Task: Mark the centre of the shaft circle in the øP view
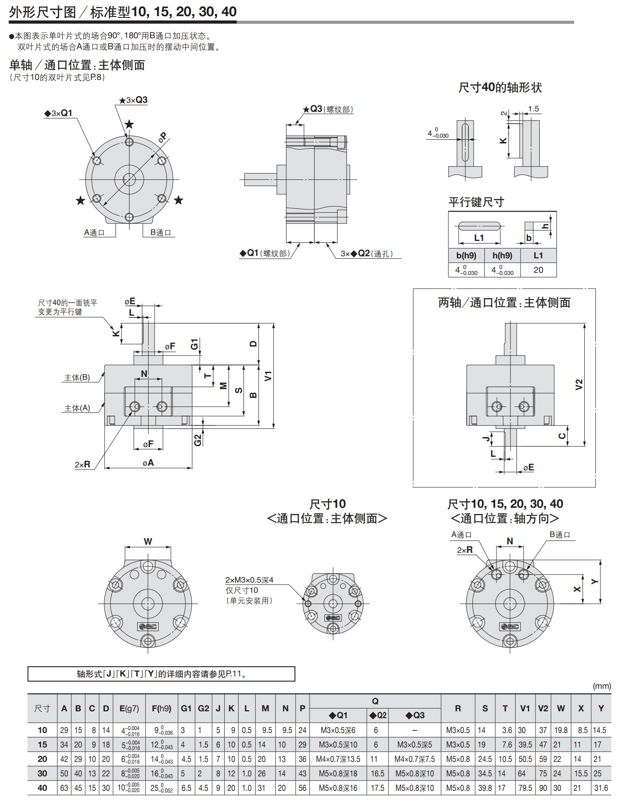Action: [x=129, y=179]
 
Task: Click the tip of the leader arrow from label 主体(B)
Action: [x=104, y=373]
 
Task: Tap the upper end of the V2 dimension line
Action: [x=584, y=324]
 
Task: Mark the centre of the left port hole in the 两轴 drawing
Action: [x=497, y=407]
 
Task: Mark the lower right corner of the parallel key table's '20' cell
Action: [x=556, y=277]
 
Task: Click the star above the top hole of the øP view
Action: [x=129, y=124]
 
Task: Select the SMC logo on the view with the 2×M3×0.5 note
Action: [x=333, y=618]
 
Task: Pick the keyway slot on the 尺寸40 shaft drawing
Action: [x=465, y=142]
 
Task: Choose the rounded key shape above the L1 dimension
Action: [x=479, y=225]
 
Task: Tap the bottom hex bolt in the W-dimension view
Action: [x=148, y=640]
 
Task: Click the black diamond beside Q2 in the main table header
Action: [x=372, y=715]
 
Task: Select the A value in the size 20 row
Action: [x=64, y=759]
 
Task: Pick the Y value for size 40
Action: [x=601, y=788]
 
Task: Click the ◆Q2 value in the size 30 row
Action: [x=378, y=773]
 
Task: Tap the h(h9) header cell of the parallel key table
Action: [x=502, y=255]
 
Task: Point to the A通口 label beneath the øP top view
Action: [x=94, y=232]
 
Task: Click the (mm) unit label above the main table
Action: [x=602, y=686]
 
